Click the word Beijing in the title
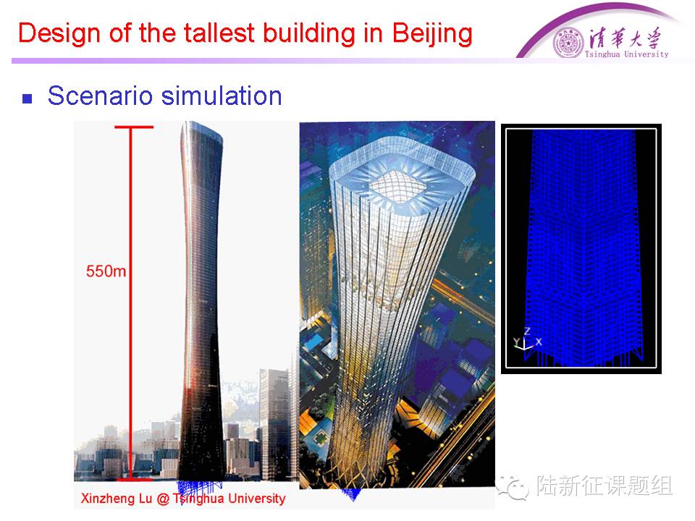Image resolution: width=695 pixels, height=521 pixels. click(x=432, y=34)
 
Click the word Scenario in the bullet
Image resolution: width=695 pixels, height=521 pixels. click(x=100, y=96)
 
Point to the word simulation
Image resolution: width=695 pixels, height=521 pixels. click(x=222, y=96)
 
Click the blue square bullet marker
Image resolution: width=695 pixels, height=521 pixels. click(x=28, y=98)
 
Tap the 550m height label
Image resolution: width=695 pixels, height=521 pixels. click(x=106, y=271)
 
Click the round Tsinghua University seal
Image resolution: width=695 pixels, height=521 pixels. click(x=568, y=43)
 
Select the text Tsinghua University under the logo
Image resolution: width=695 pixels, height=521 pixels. click(x=626, y=54)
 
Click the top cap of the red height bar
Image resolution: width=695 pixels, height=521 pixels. click(x=134, y=127)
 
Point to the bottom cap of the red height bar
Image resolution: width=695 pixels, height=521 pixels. click(x=134, y=479)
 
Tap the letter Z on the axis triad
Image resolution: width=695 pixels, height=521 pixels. click(x=527, y=331)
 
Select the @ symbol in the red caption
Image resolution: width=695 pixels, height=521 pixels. click(x=163, y=499)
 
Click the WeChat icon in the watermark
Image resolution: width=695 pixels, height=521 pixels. click(x=513, y=486)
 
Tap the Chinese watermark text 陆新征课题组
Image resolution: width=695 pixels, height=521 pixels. click(x=605, y=486)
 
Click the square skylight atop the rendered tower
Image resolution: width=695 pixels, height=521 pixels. click(x=397, y=186)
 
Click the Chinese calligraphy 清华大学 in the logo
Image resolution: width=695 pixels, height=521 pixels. click(x=625, y=38)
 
